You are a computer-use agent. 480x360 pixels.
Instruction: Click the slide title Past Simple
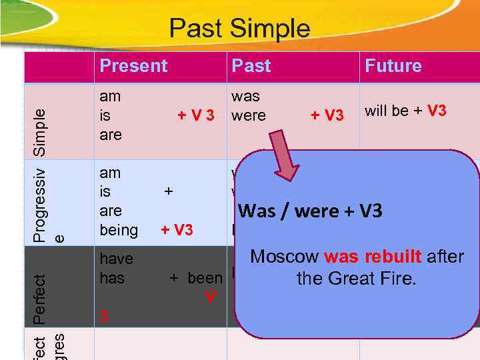[x=239, y=29]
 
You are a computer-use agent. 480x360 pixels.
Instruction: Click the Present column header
[x=133, y=66]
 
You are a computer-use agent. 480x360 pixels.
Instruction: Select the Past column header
[x=251, y=66]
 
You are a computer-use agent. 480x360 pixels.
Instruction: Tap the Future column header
[x=393, y=66]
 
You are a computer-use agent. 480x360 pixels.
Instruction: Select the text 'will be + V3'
[x=405, y=111]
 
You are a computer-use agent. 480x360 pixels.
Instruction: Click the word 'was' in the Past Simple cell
[x=245, y=97]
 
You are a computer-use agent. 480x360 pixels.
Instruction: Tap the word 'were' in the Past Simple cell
[x=248, y=115]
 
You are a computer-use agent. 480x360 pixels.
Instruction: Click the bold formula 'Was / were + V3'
[x=310, y=211]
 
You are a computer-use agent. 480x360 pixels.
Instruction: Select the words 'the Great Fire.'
[x=357, y=278]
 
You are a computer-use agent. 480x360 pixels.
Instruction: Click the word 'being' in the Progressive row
[x=118, y=231]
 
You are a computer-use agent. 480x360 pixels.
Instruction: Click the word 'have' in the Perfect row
[x=116, y=259]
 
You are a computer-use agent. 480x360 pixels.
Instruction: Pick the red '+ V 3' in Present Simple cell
[x=195, y=115]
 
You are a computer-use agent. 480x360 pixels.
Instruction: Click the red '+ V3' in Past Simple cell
[x=327, y=115]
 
